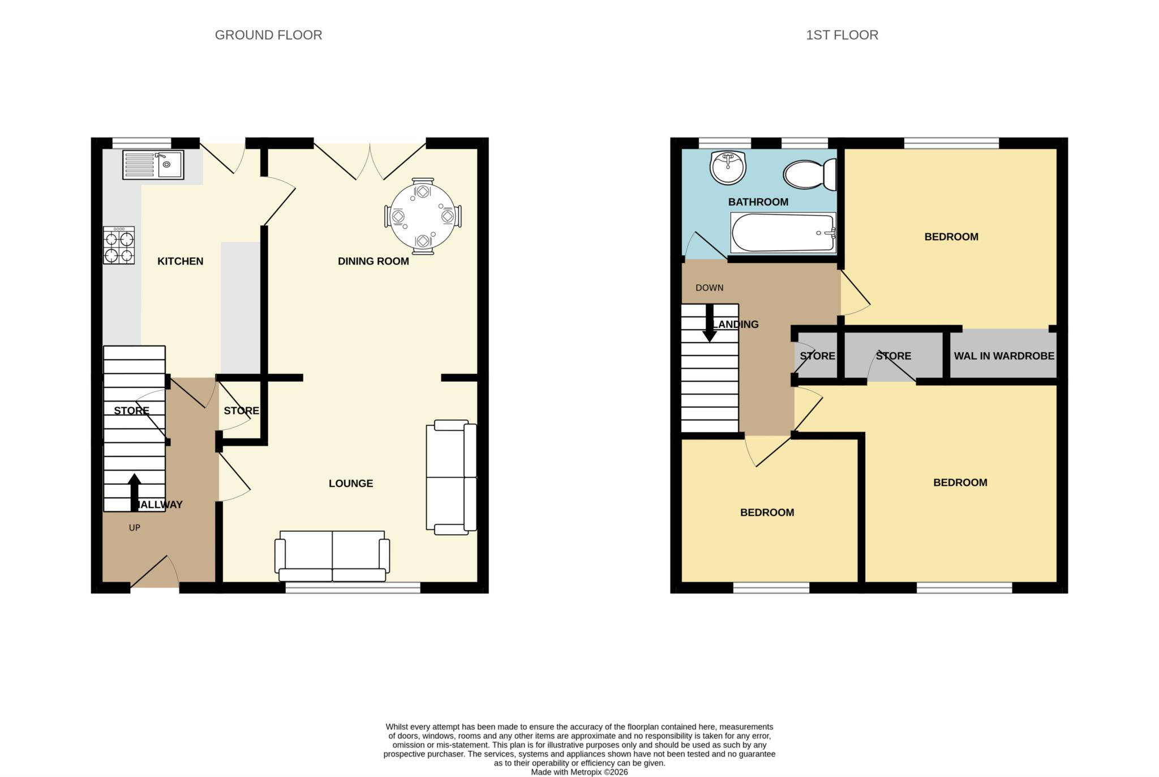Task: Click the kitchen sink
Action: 153,165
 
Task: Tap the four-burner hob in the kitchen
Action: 119,245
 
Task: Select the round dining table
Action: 423,216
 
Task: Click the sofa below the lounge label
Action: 332,556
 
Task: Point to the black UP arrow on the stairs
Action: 134,492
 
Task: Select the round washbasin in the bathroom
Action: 728,168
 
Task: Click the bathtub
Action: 783,232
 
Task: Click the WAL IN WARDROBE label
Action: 1004,356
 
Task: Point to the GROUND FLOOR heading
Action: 268,35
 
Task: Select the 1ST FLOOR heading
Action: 842,35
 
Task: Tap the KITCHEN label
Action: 180,261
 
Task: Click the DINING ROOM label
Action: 374,261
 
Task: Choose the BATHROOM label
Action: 758,202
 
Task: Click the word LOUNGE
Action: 351,484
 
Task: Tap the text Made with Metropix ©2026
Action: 579,772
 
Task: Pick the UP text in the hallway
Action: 134,528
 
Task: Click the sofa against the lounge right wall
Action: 451,477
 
